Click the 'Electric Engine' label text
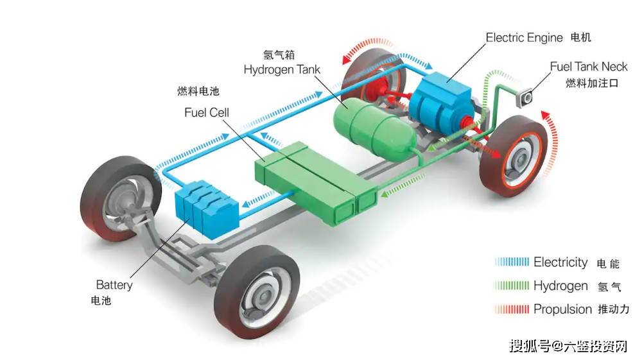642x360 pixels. click(x=524, y=38)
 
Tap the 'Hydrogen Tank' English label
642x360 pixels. click(x=282, y=69)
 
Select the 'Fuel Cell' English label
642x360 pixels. click(x=206, y=112)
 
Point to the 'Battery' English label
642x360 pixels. click(x=114, y=285)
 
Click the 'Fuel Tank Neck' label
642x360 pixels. click(x=588, y=67)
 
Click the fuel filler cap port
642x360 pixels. click(x=525, y=98)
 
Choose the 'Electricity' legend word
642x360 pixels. click(x=560, y=262)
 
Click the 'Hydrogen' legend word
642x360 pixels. click(x=560, y=286)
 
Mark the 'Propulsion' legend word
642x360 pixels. click(x=562, y=309)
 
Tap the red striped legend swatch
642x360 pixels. click(x=512, y=309)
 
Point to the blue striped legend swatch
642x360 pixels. click(x=512, y=262)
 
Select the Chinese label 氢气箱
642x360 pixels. click(x=279, y=55)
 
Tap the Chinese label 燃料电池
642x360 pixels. click(x=198, y=91)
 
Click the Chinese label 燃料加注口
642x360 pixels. click(x=592, y=83)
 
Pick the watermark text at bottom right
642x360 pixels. click(x=569, y=346)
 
